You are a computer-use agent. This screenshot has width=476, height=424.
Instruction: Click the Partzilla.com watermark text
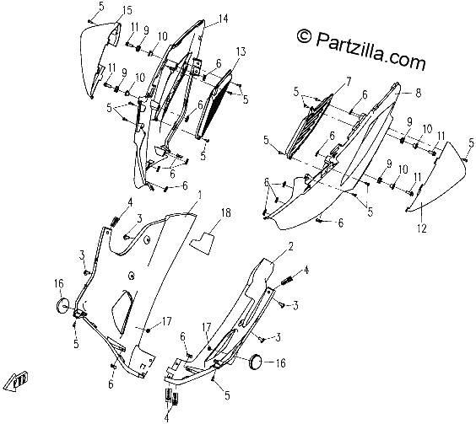click(361, 49)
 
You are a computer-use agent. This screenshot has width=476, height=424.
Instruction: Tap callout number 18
click(226, 213)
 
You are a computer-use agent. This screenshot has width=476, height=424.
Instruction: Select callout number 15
click(127, 11)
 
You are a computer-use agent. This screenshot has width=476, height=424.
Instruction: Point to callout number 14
click(223, 19)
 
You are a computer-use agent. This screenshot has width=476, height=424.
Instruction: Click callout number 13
click(241, 52)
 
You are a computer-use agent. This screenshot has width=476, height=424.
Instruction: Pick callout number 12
click(422, 228)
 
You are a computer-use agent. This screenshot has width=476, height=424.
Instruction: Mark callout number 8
click(419, 93)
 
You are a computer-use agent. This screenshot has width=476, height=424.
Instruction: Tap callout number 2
click(290, 247)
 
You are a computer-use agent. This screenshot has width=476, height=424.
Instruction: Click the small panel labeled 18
click(202, 243)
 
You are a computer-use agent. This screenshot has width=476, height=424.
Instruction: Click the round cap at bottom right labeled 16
click(256, 362)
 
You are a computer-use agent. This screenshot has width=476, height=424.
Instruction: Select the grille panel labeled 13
click(214, 104)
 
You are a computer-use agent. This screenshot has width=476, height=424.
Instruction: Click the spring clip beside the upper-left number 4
click(115, 222)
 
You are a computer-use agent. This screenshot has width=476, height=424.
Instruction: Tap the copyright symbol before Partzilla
click(304, 35)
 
